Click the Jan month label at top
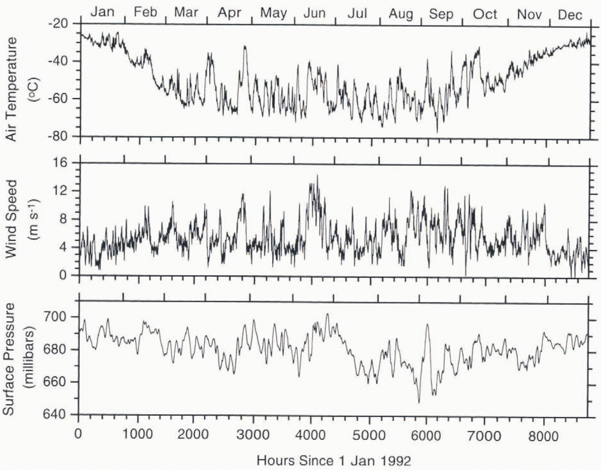(102, 12)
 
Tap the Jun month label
(314, 13)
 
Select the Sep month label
(441, 14)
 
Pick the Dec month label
(570, 15)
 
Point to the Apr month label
(229, 12)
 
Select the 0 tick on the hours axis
(78, 434)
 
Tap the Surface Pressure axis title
(9, 359)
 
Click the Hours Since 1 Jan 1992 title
(334, 461)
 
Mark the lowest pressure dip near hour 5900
(419, 403)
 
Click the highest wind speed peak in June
(317, 175)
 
